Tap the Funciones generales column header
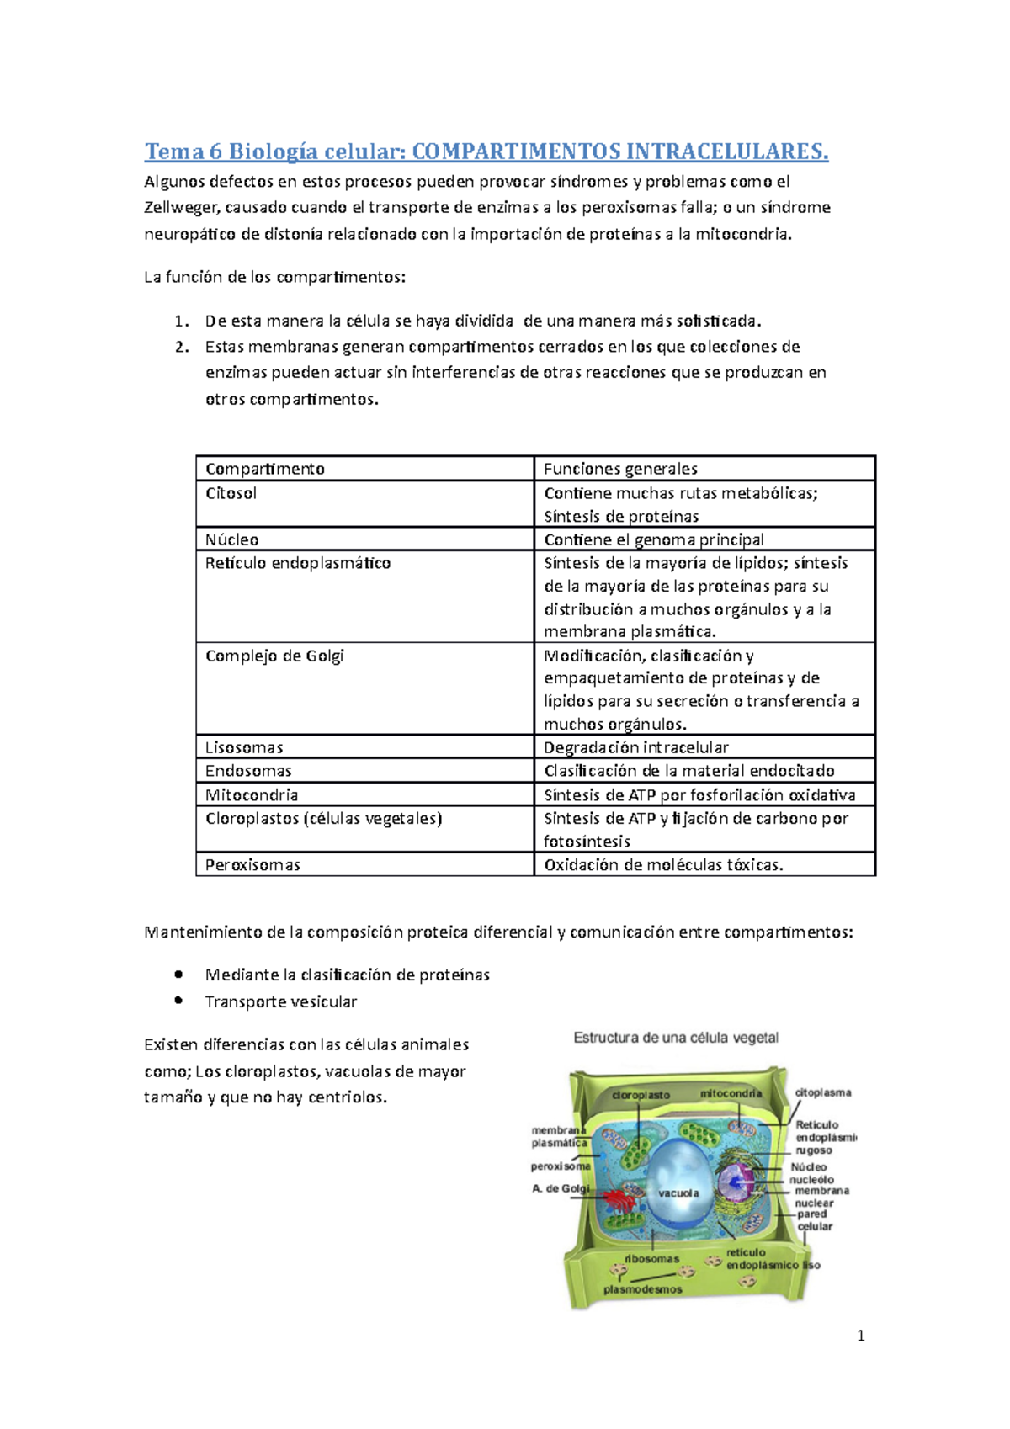click(x=620, y=469)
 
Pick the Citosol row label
click(x=231, y=493)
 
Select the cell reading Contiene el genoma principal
click(x=654, y=539)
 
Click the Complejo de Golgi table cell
click(x=274, y=656)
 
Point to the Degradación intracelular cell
click(x=636, y=747)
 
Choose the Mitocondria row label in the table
click(x=252, y=794)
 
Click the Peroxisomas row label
click(x=252, y=864)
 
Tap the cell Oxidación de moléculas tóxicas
click(x=663, y=864)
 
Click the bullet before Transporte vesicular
click(x=178, y=1001)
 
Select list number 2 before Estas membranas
click(x=181, y=347)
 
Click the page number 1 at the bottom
click(x=860, y=1336)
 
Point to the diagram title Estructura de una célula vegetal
click(x=676, y=1038)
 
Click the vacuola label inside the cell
click(x=678, y=1193)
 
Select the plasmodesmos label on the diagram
click(x=643, y=1289)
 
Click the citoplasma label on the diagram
click(x=823, y=1092)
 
